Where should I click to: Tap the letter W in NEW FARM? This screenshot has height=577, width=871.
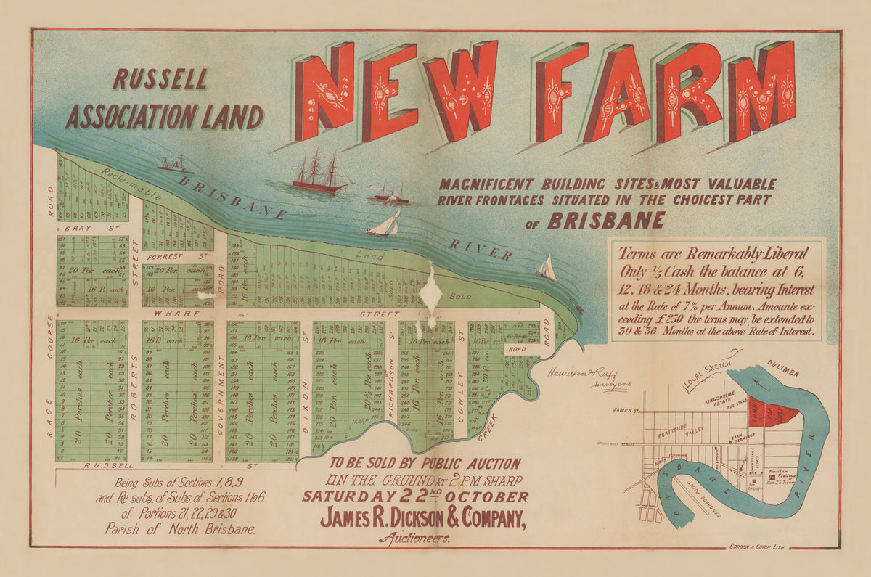tap(461, 89)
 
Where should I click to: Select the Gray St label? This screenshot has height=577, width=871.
tap(91, 228)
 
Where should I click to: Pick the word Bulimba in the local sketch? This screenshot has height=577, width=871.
tap(782, 372)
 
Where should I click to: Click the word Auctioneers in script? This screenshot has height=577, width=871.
tap(414, 539)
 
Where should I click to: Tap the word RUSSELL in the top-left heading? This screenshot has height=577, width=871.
tap(160, 80)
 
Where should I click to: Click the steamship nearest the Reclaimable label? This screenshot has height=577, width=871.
tap(176, 165)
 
